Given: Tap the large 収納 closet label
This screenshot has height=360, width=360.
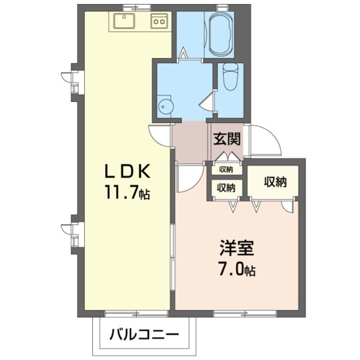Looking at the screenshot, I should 275,182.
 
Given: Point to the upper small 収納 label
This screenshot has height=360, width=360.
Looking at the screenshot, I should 226,170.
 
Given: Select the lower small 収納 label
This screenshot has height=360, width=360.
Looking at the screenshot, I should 226,188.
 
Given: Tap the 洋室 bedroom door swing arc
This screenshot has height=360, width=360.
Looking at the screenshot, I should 188,178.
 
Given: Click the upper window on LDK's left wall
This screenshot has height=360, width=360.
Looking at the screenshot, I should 72,81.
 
